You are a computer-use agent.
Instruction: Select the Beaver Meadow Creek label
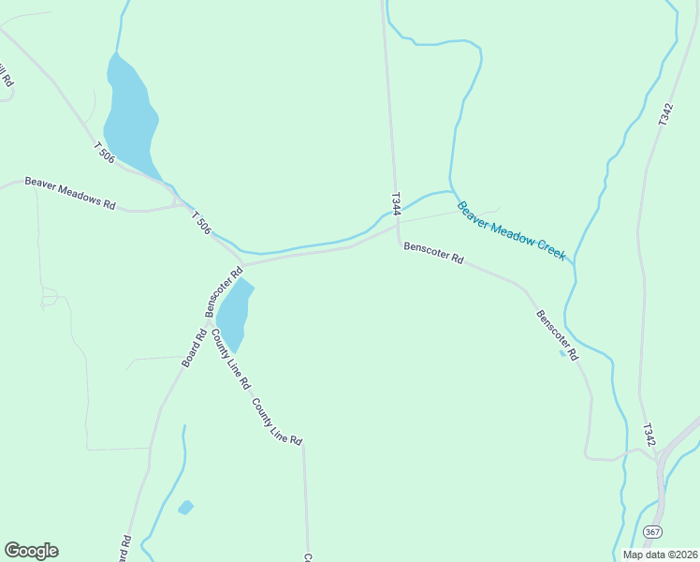511,230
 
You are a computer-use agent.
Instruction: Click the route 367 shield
652,532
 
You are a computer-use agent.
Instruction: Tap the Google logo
31,551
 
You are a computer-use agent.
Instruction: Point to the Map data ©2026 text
660,555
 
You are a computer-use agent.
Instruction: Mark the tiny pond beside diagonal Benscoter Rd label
562,353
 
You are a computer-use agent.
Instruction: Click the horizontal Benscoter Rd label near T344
433,252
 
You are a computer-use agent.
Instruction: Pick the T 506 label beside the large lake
104,152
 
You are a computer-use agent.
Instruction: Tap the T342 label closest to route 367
649,435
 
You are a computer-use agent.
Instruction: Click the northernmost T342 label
664,114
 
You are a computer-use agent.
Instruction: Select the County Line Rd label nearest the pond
230,358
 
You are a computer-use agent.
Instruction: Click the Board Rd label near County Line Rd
194,348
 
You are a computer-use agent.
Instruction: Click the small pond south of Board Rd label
185,508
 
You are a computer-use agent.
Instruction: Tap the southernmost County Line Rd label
277,421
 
